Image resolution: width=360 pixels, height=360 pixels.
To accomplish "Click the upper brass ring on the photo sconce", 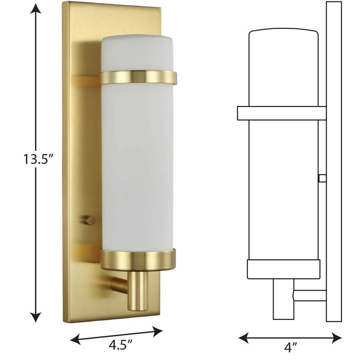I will [138, 78].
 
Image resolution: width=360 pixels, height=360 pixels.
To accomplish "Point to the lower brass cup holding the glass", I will [138, 260].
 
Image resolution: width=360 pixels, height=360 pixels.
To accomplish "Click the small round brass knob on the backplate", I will [90, 220].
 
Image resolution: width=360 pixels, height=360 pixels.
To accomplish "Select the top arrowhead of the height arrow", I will [35, 7].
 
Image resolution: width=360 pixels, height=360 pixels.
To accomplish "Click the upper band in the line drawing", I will [280, 113].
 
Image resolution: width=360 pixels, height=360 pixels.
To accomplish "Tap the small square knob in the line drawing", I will [322, 178].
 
